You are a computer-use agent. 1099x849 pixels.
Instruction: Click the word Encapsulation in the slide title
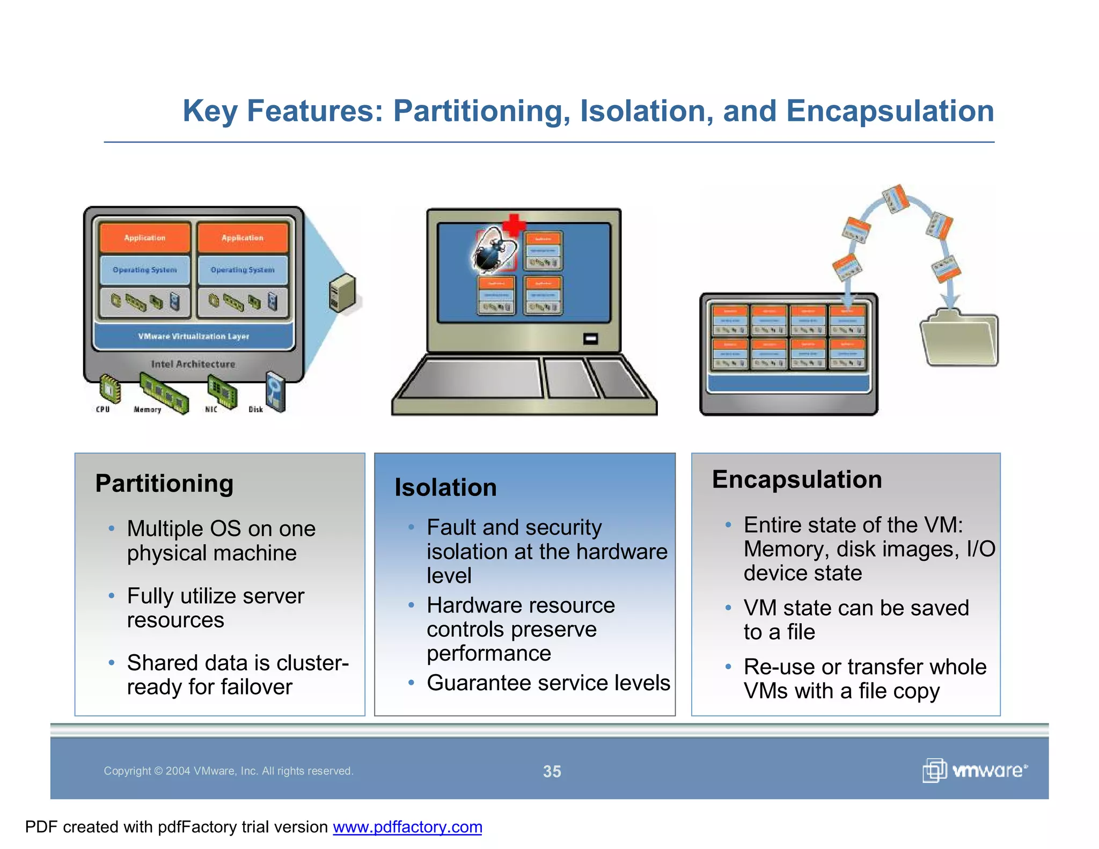pyautogui.click(x=890, y=111)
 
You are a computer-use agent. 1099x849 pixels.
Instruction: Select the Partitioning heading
pyautogui.click(x=164, y=483)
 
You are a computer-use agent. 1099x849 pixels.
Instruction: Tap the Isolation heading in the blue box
pyautogui.click(x=445, y=487)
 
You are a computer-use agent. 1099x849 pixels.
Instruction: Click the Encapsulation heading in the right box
pyautogui.click(x=797, y=479)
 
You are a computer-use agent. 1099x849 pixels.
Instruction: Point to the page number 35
pyautogui.click(x=552, y=771)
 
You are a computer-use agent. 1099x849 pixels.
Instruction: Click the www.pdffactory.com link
pyautogui.click(x=407, y=827)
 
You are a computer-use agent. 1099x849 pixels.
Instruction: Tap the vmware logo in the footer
pyautogui.click(x=975, y=771)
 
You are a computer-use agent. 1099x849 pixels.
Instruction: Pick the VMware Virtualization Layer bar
pyautogui.click(x=194, y=336)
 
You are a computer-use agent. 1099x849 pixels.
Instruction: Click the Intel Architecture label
pyautogui.click(x=193, y=364)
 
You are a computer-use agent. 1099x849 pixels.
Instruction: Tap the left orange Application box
pyautogui.click(x=145, y=238)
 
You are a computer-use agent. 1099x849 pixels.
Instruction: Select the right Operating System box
pyautogui.click(x=243, y=270)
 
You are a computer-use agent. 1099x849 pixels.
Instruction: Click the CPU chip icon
pyautogui.click(x=110, y=389)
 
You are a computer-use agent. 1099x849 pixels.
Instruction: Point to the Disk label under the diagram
pyautogui.click(x=256, y=409)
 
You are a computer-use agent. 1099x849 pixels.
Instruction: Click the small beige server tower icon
pyautogui.click(x=342, y=293)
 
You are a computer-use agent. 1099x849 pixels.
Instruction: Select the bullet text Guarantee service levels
pyautogui.click(x=548, y=683)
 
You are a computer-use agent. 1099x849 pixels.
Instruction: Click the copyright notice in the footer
pyautogui.click(x=228, y=771)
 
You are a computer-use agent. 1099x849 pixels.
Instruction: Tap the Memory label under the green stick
pyautogui.click(x=147, y=409)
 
